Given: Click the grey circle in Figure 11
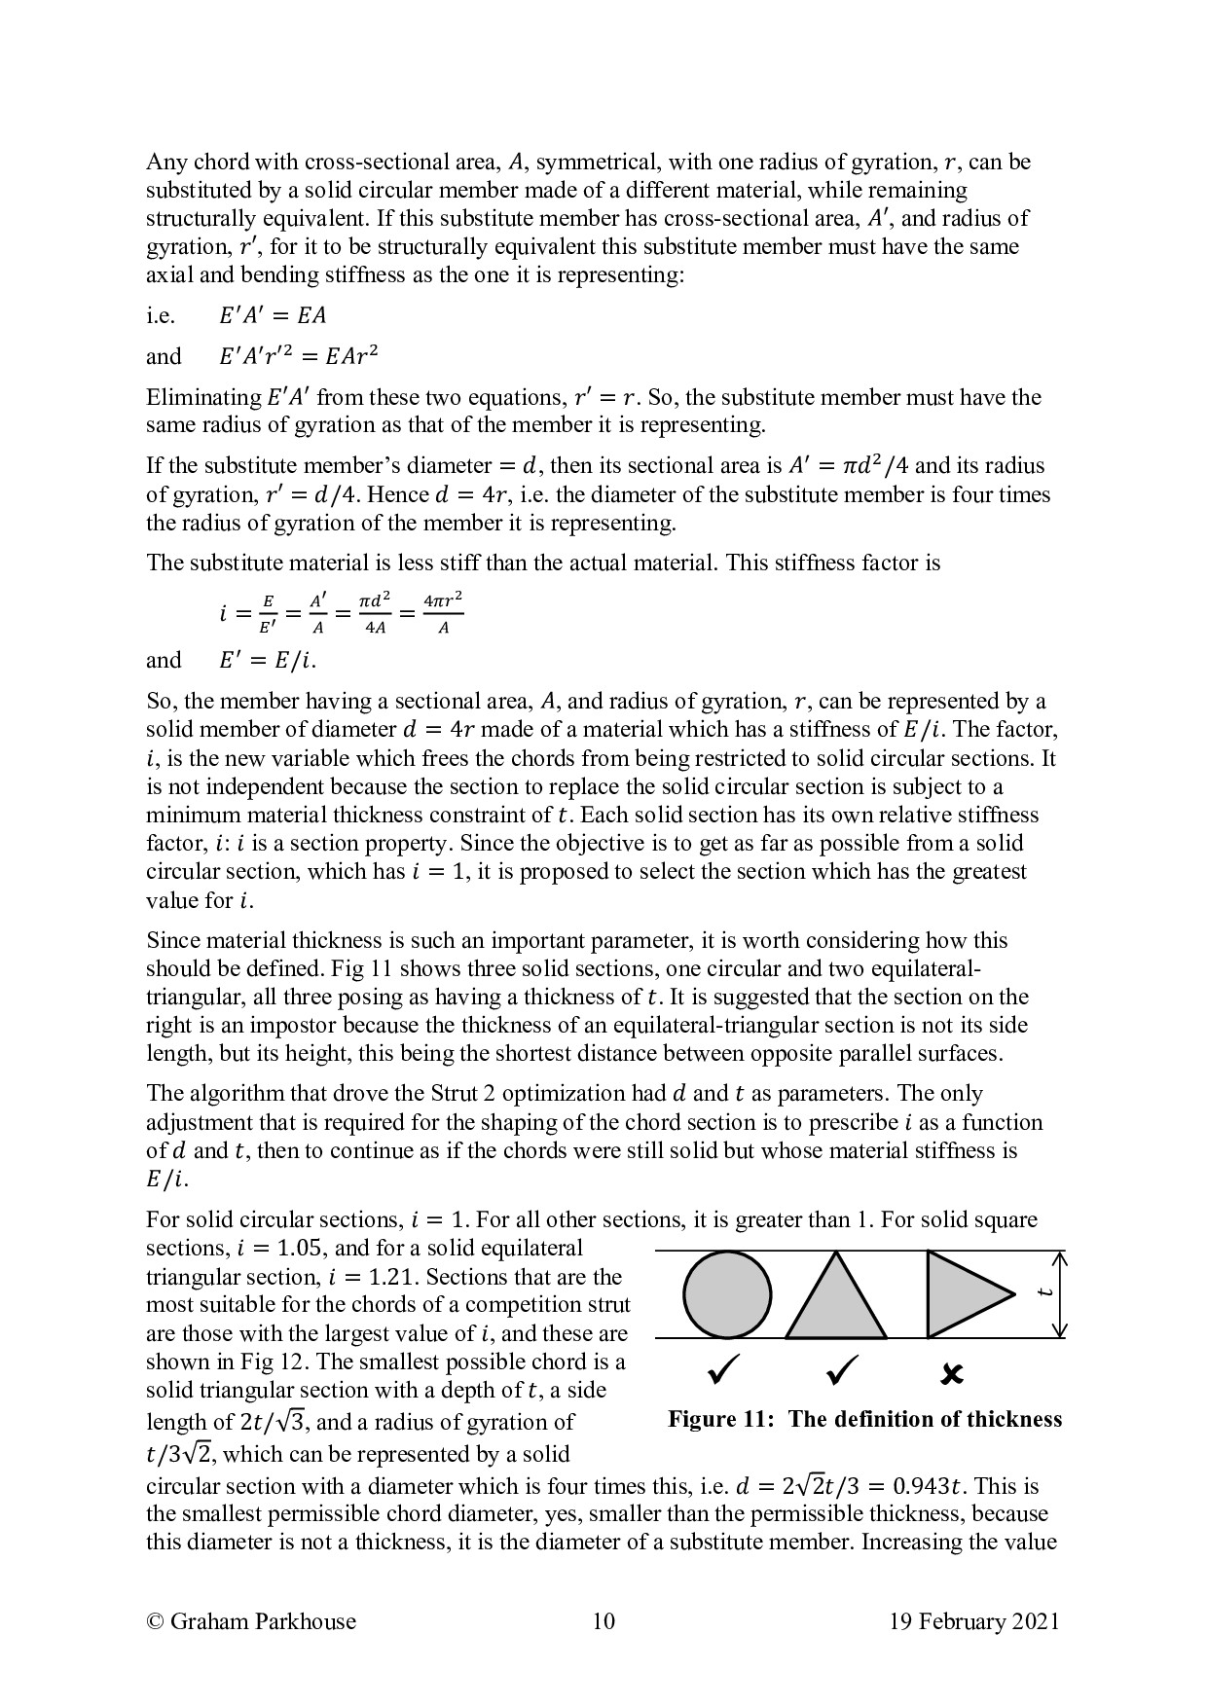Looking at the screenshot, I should point(727,1295).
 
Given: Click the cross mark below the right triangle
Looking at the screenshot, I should point(953,1374).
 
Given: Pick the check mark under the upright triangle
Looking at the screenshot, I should point(842,1371).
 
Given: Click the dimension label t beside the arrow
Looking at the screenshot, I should point(1044,1292).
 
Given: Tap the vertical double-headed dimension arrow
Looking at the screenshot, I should point(1061,1295).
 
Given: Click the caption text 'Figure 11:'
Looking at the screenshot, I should point(722,1419).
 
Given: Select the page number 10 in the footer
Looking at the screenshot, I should point(603,1621).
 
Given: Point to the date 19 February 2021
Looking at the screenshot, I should point(973,1621).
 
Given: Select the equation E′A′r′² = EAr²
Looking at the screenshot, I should point(298,356).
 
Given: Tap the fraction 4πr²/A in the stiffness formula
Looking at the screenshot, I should point(443,613).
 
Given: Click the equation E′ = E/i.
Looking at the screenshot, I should point(268,661).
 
